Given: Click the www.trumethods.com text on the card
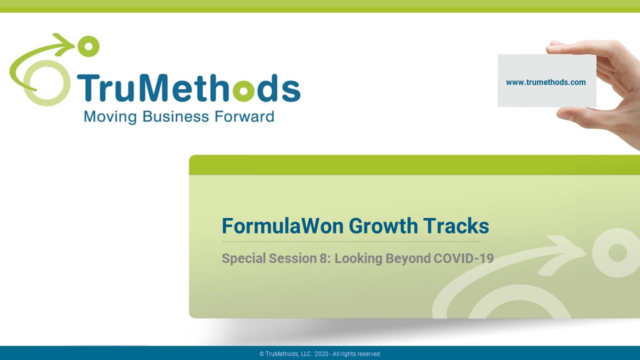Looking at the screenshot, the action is pos(545,82).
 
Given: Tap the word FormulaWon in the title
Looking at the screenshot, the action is pos(282,225).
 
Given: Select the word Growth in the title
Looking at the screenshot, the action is pos(383,225).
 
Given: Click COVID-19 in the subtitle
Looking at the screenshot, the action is pos(463,258).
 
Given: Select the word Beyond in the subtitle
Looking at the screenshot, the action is pos(408,259).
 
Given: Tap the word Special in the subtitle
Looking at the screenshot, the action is pos(243,259).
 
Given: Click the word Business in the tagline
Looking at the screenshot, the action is pos(175,116).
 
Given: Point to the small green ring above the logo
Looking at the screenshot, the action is pos(88,46).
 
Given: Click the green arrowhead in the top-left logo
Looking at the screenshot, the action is pos(64,43).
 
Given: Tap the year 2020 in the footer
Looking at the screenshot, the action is pos(321,354).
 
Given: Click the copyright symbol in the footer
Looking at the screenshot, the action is pos(261,354).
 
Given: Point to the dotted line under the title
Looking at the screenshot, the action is pos(350,241).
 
